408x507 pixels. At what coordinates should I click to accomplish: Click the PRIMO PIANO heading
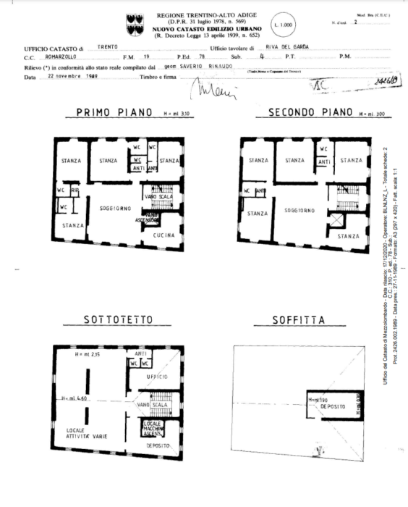[109, 113]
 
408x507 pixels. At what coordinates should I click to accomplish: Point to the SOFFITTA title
[298, 320]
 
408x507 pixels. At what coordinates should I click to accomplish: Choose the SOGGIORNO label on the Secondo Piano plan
[298, 210]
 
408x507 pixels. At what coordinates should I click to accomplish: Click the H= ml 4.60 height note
[75, 398]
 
